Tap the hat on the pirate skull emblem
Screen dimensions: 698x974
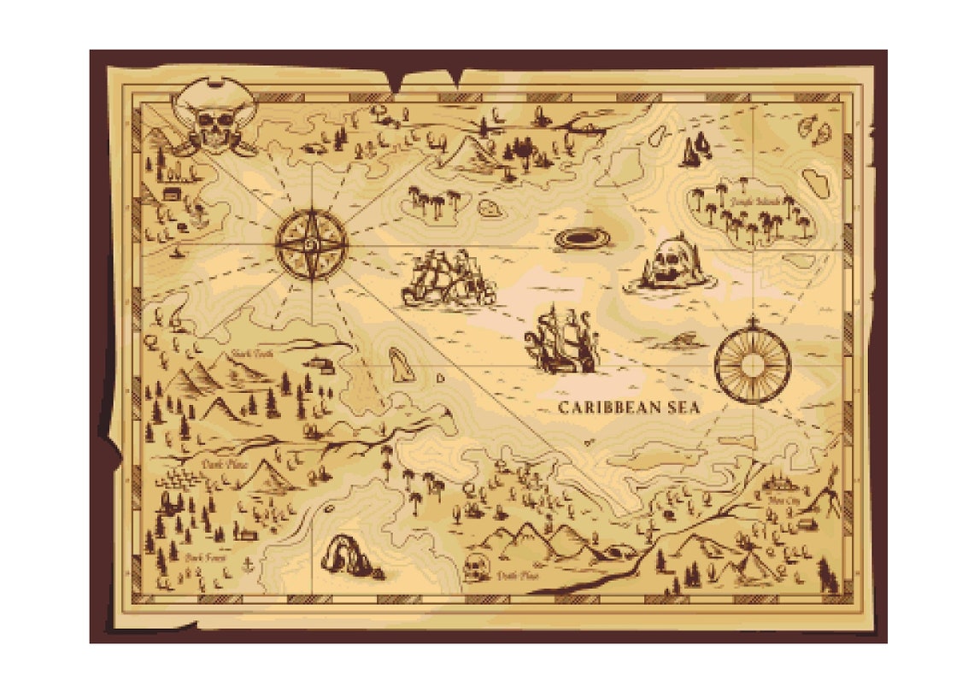[214, 95]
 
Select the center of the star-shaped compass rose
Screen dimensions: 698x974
[312, 244]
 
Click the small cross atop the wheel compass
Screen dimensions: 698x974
[752, 322]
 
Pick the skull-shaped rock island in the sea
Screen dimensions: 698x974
[671, 265]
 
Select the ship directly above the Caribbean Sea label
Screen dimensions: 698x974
[560, 342]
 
